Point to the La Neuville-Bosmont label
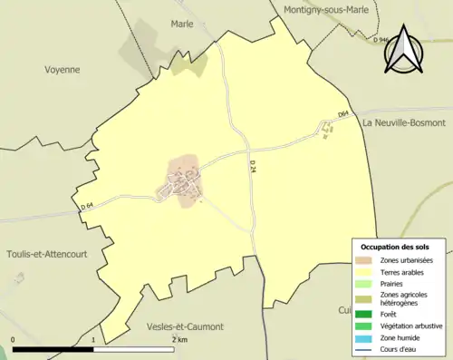tap(404, 122)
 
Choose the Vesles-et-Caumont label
tap(185, 326)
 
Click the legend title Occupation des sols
tap(395, 247)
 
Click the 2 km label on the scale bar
tap(179, 339)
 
